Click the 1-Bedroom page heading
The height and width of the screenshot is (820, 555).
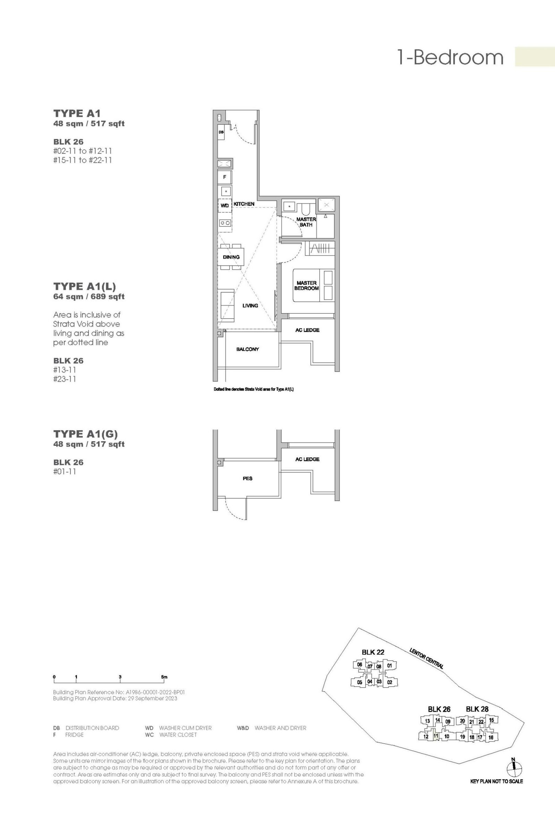tap(450, 57)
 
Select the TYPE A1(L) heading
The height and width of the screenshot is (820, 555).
tap(85, 286)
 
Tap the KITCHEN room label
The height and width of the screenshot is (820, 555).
tap(244, 204)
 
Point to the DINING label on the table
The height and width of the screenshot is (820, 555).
tap(231, 257)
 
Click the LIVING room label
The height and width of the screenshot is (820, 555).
tap(250, 305)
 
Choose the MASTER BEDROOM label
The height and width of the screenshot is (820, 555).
tap(306, 285)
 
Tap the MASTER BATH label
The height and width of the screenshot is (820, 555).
tap(306, 222)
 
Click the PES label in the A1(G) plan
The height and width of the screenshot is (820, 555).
tap(247, 478)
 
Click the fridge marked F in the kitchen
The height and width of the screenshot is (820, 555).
tap(224, 177)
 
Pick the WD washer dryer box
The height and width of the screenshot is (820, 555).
tap(224, 205)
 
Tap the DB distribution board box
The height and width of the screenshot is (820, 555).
tap(221, 132)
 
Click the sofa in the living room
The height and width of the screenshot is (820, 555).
tap(225, 305)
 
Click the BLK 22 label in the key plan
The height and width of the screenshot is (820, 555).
tap(373, 652)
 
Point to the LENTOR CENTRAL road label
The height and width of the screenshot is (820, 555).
tap(426, 658)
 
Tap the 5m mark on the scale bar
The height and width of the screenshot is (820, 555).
tap(164, 677)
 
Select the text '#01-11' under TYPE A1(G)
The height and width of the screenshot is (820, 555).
tap(65, 472)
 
